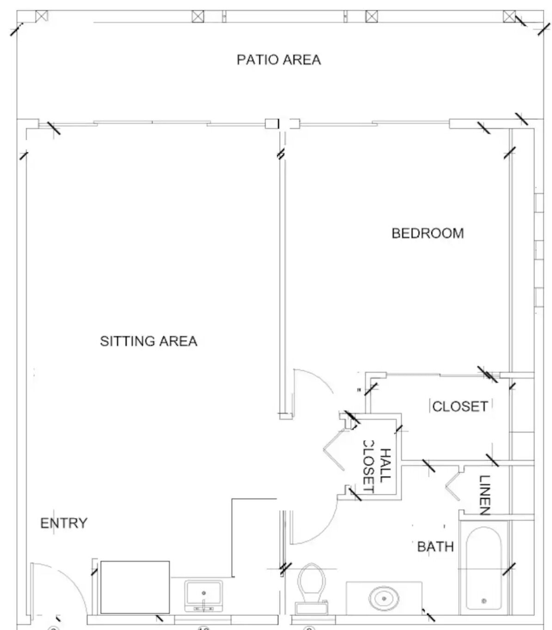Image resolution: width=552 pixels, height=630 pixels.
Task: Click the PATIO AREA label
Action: tap(278, 60)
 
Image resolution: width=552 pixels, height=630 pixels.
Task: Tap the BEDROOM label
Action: tap(428, 233)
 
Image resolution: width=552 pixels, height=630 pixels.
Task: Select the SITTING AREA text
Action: tap(148, 341)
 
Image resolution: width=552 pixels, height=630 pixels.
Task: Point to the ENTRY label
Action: tap(64, 523)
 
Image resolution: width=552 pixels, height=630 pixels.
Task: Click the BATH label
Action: tap(435, 547)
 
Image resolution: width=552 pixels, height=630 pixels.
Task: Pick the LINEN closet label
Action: tap(484, 495)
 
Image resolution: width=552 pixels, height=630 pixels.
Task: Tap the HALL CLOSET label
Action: tap(376, 466)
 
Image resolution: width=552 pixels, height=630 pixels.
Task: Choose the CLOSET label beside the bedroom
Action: tap(460, 406)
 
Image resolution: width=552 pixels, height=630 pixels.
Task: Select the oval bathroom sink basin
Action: tap(383, 599)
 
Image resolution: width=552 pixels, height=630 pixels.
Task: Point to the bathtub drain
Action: tap(484, 601)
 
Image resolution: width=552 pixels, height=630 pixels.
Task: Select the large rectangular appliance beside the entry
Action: tap(135, 587)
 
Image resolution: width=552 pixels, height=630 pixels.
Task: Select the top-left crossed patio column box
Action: tap(42, 16)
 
